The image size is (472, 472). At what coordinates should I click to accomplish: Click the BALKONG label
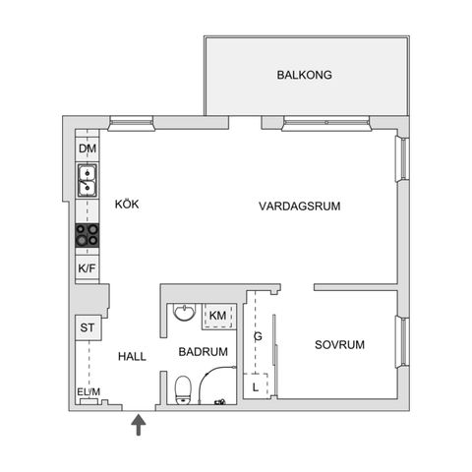[x=304, y=74]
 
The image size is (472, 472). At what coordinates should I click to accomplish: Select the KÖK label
[x=127, y=204]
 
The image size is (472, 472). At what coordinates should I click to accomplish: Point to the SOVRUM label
[x=339, y=344]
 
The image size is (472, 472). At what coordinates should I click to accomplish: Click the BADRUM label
[x=204, y=351]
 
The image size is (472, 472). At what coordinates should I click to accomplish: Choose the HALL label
[x=132, y=356]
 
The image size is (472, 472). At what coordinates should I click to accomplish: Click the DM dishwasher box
[x=88, y=148]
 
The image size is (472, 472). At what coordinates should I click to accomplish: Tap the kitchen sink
[x=88, y=182]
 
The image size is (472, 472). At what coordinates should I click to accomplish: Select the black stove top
[x=88, y=236]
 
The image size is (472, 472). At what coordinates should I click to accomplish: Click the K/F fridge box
[x=88, y=267]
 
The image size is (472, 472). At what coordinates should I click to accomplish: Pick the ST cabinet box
[x=87, y=327]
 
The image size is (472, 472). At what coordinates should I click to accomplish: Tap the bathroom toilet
[x=183, y=389]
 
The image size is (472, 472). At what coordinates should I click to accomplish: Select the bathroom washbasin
[x=183, y=313]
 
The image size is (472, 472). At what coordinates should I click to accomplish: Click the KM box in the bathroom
[x=217, y=315]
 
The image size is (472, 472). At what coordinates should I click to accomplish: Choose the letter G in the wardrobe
[x=258, y=337]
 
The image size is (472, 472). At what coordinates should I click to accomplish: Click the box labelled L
[x=256, y=385]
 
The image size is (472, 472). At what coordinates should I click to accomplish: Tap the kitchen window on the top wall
[x=130, y=124]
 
